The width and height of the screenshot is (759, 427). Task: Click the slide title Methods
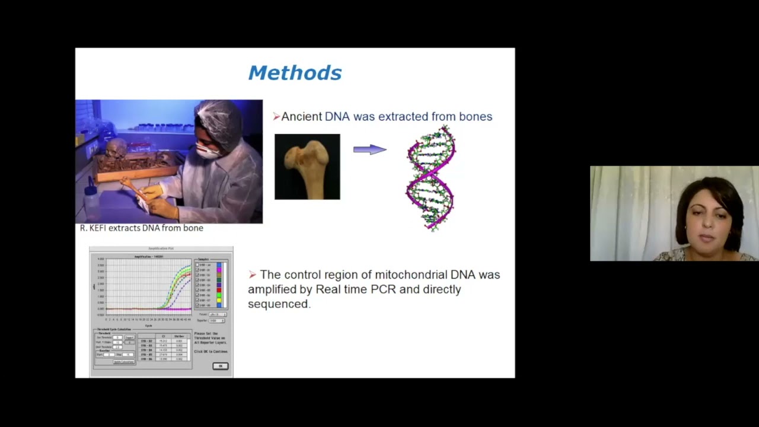pos(295,73)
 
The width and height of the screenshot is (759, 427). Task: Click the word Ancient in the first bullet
pos(301,117)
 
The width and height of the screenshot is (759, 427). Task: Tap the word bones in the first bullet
pos(476,117)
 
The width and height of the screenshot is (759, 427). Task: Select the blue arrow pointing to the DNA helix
pos(369,150)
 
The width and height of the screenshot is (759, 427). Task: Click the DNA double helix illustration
pos(430,178)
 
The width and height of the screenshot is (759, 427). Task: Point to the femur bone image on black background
pos(307,166)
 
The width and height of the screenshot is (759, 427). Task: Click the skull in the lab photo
pos(116,148)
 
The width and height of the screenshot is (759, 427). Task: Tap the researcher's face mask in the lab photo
pos(207,152)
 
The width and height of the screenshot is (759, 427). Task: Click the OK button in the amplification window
pos(220,366)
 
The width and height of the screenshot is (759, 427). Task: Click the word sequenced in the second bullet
pos(278,304)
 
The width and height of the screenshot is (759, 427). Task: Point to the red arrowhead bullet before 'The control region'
pos(253,275)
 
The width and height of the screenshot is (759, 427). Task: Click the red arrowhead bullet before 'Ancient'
pos(276,117)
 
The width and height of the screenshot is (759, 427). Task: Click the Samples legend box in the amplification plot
pos(212,283)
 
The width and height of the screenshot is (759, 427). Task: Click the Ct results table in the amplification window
pos(164,348)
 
